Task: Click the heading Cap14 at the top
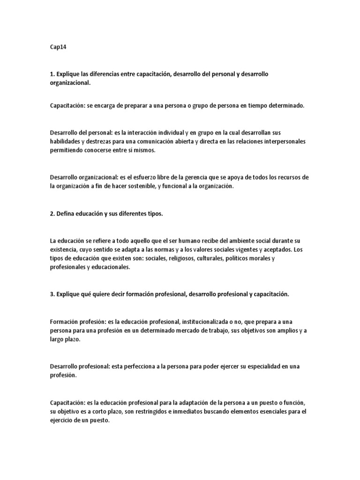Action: click(57, 47)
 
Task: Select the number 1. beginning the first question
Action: click(52, 75)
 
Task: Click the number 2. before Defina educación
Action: click(52, 214)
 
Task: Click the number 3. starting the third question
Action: click(52, 294)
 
